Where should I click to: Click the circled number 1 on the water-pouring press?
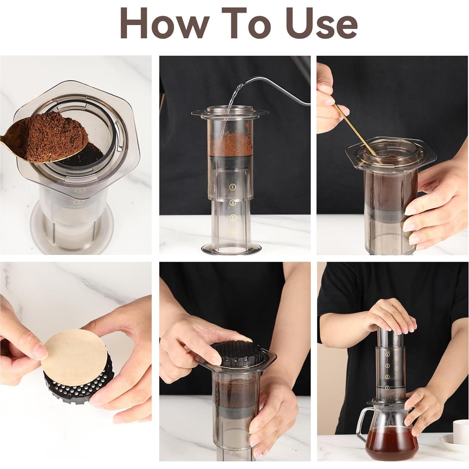click(232, 187)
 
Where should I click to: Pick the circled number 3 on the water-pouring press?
click(232, 217)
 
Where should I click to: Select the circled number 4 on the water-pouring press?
click(232, 233)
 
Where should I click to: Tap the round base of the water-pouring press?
click(231, 248)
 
